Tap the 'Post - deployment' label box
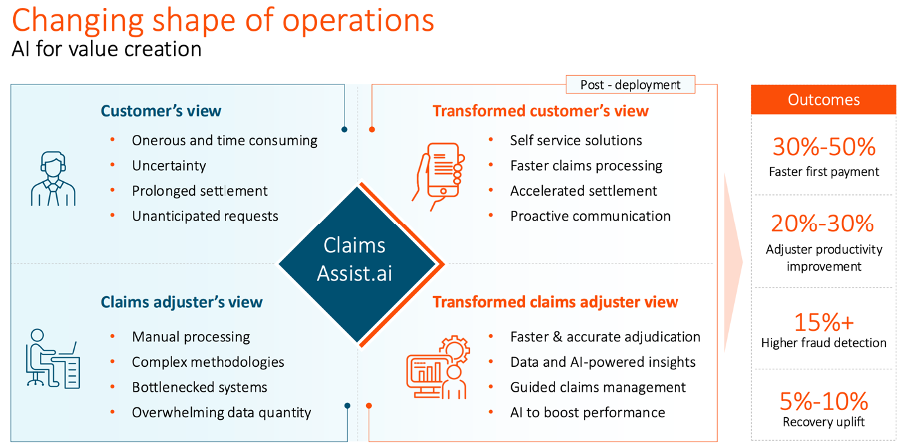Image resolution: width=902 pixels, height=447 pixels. (x=631, y=85)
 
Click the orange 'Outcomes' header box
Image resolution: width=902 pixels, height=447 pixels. (x=823, y=100)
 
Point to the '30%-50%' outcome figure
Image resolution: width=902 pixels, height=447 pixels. (x=823, y=147)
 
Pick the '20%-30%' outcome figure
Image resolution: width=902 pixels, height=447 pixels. (x=823, y=223)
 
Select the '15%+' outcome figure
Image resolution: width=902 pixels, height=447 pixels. (x=823, y=321)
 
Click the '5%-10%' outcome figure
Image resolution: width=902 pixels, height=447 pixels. (x=823, y=400)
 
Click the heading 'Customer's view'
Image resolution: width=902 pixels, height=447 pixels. (x=161, y=110)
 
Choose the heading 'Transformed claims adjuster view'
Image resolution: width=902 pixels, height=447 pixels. (x=555, y=301)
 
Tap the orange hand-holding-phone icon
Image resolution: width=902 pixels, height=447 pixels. (x=440, y=173)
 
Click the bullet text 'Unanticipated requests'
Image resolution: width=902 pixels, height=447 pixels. (x=206, y=215)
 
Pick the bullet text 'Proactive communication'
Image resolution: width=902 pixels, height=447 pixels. (x=590, y=215)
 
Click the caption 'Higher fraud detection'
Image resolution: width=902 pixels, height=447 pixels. (x=823, y=343)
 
